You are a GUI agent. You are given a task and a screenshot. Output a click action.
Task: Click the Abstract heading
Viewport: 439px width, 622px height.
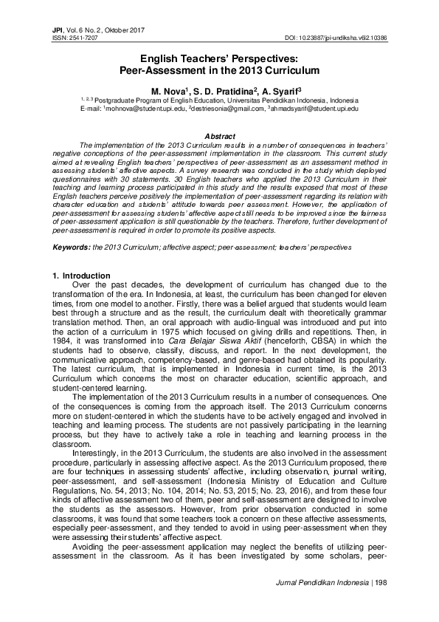[x=219, y=137]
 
